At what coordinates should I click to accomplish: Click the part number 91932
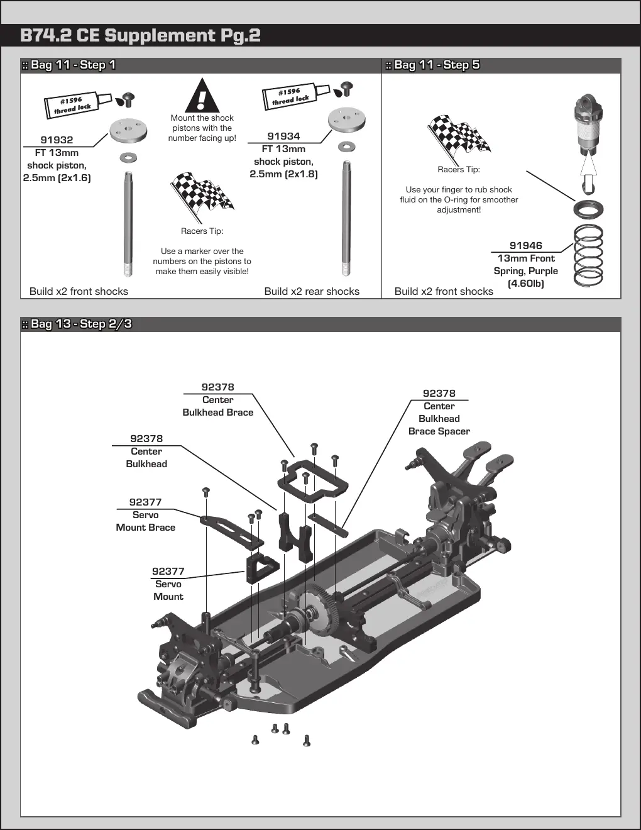pos(57,140)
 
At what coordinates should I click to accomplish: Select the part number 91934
pos(283,136)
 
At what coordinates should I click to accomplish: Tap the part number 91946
pos(526,245)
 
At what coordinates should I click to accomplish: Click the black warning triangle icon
pos(202,95)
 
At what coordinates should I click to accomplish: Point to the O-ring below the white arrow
pos(588,209)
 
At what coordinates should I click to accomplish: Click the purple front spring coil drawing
pos(588,255)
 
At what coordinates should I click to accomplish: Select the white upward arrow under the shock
pos(588,171)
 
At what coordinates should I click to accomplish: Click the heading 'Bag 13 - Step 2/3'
pos(80,324)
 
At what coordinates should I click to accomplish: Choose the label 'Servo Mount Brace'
pos(145,521)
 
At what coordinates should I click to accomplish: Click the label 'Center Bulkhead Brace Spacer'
pos(439,419)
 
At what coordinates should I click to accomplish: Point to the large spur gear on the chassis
pos(315,608)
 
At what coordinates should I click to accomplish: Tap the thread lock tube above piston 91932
pos(78,105)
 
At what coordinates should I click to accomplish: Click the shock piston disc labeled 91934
pos(347,119)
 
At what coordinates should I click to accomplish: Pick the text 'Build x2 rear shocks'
pos(312,291)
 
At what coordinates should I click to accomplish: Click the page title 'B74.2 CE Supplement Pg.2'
pos(140,35)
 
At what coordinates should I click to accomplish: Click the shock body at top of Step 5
pos(588,124)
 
